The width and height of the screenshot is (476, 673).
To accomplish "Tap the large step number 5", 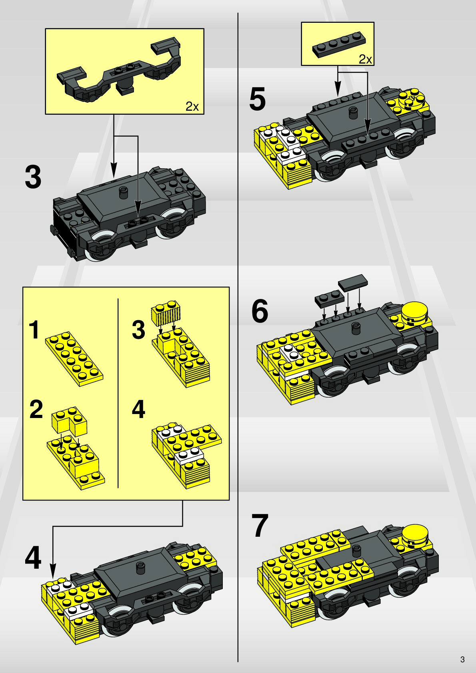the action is pyautogui.click(x=257, y=99).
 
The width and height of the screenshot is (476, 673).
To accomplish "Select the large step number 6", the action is pyautogui.click(x=260, y=312).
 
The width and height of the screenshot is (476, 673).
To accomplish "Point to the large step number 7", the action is pyautogui.click(x=260, y=526).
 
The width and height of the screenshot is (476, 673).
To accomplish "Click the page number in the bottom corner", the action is pyautogui.click(x=462, y=659).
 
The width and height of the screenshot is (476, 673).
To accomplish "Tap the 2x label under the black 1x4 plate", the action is pyautogui.click(x=365, y=60).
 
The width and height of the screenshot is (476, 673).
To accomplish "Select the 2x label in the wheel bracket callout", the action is pyautogui.click(x=192, y=106).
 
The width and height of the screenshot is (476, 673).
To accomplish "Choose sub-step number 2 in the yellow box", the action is pyautogui.click(x=36, y=409).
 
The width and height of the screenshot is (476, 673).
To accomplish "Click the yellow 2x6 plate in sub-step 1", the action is pyautogui.click(x=74, y=359).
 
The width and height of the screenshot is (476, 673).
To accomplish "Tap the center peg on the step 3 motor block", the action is pyautogui.click(x=123, y=192).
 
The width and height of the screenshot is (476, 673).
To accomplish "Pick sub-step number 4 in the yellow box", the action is pyautogui.click(x=138, y=409).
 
